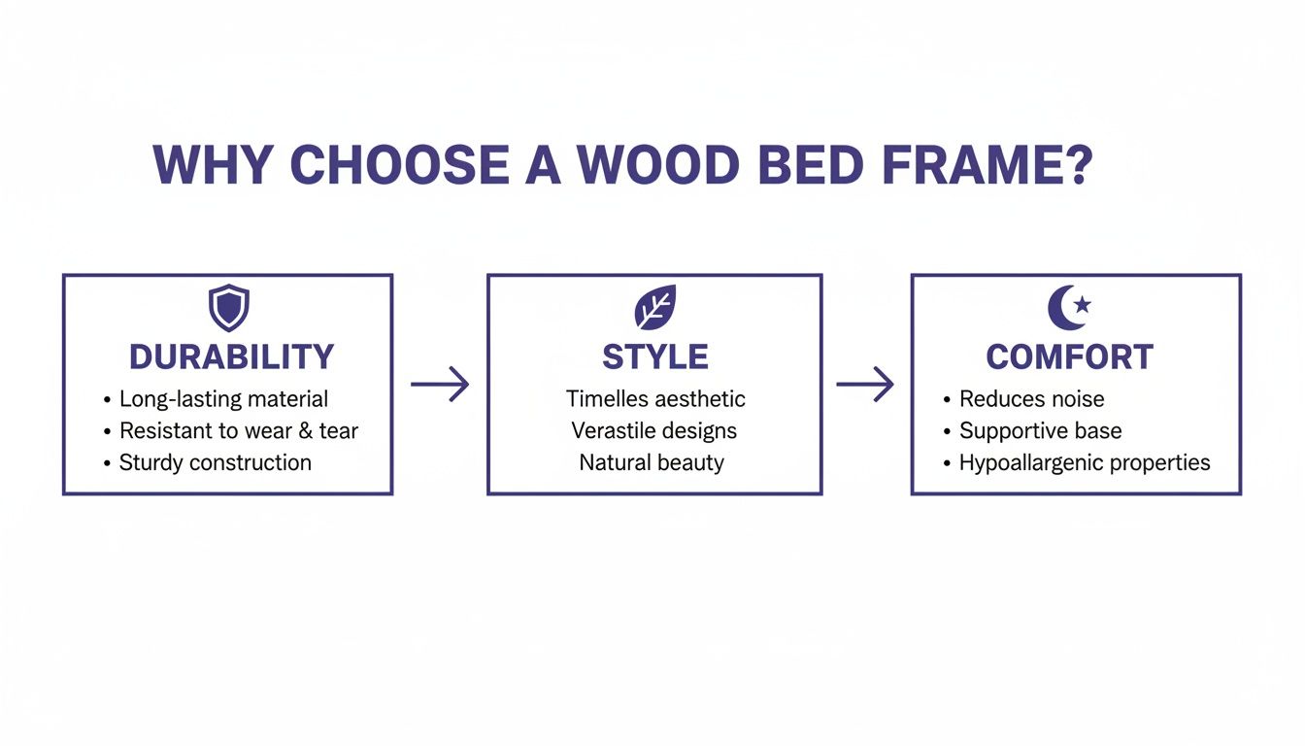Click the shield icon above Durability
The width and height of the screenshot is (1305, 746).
pos(229,308)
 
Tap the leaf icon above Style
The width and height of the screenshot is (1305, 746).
pos(655,308)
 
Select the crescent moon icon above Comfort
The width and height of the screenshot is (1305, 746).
pos(1068,307)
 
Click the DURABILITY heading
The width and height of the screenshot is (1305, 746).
pos(231,357)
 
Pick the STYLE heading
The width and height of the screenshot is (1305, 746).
pos(655,357)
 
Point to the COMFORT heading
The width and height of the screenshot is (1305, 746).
pos(1069,357)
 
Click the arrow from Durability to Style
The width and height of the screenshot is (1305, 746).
pos(440,385)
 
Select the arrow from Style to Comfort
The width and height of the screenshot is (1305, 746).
pos(865,385)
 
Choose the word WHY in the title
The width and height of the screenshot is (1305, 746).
pos(211,166)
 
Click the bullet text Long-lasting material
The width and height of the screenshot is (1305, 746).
pos(223,399)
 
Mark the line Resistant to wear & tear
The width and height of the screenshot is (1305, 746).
pos(238,431)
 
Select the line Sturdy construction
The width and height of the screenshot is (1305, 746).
pos(215,463)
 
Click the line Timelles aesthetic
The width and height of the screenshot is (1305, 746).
pos(655,399)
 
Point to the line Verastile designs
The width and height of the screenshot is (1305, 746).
pos(653,431)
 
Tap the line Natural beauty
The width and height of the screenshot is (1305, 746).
pos(652,463)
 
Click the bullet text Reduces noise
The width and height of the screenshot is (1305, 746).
pos(1031,399)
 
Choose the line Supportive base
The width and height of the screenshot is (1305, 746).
pos(1040,431)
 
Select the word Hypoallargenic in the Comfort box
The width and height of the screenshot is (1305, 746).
pos(1032,463)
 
